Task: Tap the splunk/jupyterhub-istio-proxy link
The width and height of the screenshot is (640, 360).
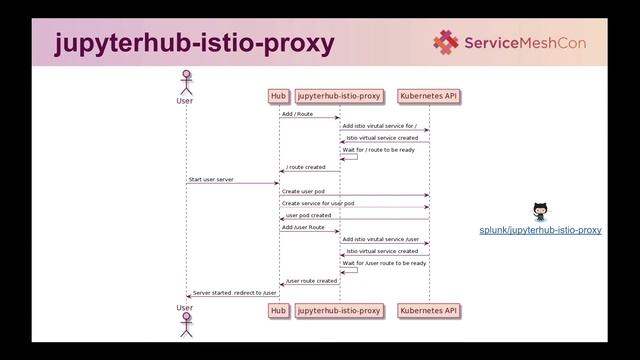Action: [540, 231]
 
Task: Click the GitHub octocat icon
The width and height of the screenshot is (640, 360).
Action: [541, 211]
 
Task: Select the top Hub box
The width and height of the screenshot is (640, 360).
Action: [278, 96]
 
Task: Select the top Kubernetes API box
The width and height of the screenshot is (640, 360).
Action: [429, 96]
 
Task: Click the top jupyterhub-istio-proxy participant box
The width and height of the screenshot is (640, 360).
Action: [339, 96]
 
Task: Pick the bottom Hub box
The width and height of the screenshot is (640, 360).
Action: [278, 311]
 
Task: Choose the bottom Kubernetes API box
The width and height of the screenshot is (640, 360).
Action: [429, 311]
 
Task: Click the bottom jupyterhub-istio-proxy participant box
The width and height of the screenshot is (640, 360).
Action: [339, 311]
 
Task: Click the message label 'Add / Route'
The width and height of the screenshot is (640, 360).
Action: [297, 114]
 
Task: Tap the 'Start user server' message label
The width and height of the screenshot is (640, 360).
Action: [211, 179]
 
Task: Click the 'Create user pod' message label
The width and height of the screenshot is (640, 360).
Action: [303, 191]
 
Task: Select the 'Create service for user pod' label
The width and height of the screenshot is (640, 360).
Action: [318, 203]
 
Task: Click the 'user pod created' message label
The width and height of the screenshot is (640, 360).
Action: [308, 215]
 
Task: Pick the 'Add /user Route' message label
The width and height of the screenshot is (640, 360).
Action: [303, 227]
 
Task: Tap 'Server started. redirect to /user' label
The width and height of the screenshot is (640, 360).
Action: [235, 293]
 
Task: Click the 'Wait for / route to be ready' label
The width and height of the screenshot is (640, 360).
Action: [378, 150]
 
